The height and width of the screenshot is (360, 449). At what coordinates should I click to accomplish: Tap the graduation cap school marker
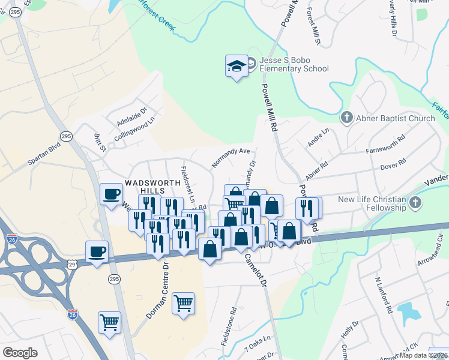[x=237, y=65]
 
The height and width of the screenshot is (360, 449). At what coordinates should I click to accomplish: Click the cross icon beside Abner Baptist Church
[x=346, y=118]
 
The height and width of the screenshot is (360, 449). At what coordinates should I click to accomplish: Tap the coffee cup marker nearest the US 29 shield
[x=97, y=252]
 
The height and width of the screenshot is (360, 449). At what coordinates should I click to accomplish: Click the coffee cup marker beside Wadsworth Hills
[x=111, y=194]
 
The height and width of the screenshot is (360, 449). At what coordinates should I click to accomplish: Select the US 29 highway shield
[x=73, y=264]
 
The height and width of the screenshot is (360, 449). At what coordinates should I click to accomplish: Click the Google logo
[x=20, y=352]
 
